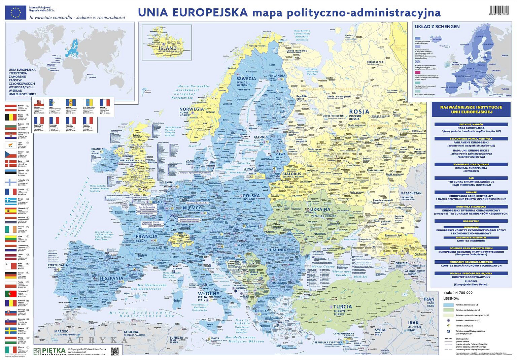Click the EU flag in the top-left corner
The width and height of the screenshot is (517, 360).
pyautogui.click(x=15, y=12)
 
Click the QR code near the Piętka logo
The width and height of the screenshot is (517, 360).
pyautogui.click(x=114, y=351)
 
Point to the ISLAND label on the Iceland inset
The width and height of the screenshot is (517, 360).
pyautogui.click(x=168, y=48)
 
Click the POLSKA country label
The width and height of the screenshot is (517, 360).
pyautogui.click(x=251, y=196)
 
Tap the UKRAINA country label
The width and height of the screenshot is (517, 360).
pyautogui.click(x=320, y=209)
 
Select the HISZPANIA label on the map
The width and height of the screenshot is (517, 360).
pyautogui.click(x=112, y=278)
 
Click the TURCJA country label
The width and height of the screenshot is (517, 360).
pyautogui.click(x=343, y=306)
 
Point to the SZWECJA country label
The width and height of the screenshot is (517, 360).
pyautogui.click(x=246, y=78)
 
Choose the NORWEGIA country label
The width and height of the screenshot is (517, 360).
pyautogui.click(x=192, y=109)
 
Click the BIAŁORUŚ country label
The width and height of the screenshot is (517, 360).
pyautogui.click(x=291, y=174)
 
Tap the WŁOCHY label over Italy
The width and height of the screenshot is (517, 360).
pyautogui.click(x=209, y=293)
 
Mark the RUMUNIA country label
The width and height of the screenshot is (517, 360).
pyautogui.click(x=277, y=250)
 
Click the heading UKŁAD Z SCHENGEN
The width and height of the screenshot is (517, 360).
pyautogui.click(x=437, y=26)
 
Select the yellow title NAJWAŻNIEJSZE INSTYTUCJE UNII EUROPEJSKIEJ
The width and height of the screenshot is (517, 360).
pyautogui.click(x=471, y=109)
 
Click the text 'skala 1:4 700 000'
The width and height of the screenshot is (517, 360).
pyautogui.click(x=458, y=293)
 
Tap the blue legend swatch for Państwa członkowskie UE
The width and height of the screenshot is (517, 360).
pyautogui.click(x=448, y=305)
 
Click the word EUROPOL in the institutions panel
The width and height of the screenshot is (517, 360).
pyautogui.click(x=471, y=281)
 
